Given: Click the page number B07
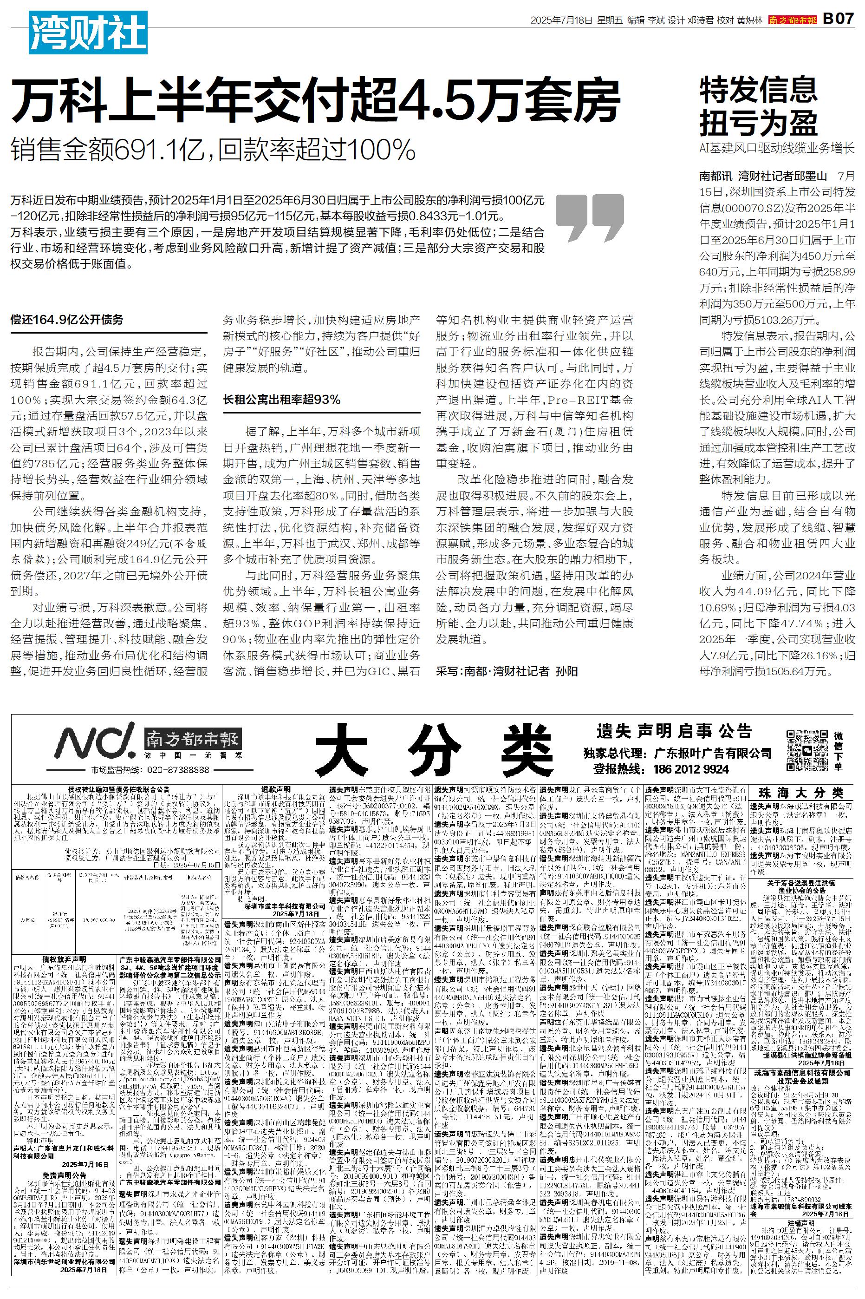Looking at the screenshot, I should (x=838, y=20).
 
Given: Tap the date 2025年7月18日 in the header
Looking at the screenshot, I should (x=561, y=20).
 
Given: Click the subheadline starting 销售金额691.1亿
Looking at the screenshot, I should (x=213, y=149).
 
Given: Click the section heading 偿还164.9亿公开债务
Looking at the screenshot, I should (x=67, y=320).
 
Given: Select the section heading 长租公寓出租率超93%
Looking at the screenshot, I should (x=281, y=400).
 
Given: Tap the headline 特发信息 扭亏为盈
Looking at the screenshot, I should (x=758, y=106).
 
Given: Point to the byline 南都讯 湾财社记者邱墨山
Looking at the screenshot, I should (x=763, y=177).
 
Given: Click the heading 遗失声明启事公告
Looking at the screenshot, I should (x=674, y=731).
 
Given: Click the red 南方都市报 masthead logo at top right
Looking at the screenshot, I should (x=793, y=20).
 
